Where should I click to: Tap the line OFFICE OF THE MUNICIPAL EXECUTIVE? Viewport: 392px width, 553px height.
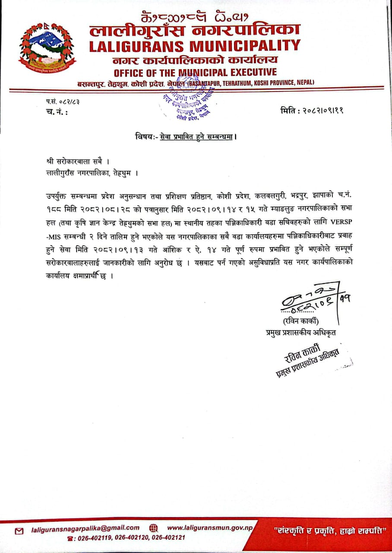click(x=195, y=72)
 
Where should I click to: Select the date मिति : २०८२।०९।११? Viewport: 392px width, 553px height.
click(x=312, y=111)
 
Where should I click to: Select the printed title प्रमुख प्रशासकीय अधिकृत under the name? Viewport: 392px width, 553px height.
click(x=300, y=332)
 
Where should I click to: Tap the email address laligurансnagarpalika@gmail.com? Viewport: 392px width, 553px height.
click(x=85, y=528)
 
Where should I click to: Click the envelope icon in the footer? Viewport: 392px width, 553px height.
click(x=19, y=531)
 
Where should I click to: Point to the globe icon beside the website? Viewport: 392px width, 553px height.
click(x=153, y=528)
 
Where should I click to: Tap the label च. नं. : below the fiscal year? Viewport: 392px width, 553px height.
click(x=56, y=112)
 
